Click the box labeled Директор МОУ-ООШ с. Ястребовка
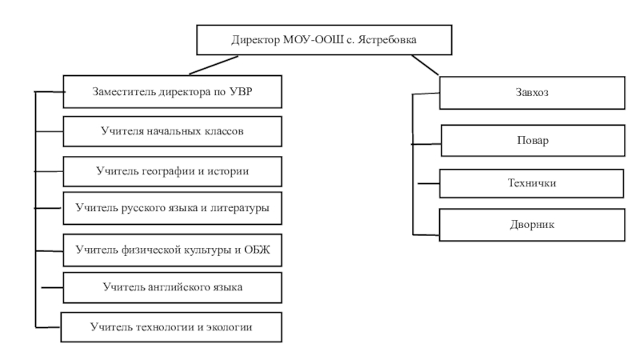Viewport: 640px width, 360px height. [324, 39]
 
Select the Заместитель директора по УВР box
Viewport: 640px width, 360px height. [172, 91]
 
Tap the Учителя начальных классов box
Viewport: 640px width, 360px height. [172, 131]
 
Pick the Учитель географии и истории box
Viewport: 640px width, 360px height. [172, 171]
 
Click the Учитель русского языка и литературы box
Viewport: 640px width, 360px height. [172, 208]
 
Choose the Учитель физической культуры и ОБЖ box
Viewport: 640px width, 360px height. [172, 250]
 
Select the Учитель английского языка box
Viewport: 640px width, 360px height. [172, 288]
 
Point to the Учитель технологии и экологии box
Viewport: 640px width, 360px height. [171, 327]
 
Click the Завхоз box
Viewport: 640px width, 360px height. [532, 93]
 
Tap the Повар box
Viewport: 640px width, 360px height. [533, 141]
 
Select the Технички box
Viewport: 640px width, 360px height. [531, 184]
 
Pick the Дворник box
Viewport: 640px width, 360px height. [532, 225]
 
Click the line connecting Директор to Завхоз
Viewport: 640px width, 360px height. [425, 66]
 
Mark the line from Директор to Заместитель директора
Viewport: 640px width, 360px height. [214, 66]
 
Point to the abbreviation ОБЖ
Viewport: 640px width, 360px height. [257, 250]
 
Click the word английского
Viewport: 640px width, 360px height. [182, 287]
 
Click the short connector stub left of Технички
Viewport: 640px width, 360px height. [429, 184]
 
